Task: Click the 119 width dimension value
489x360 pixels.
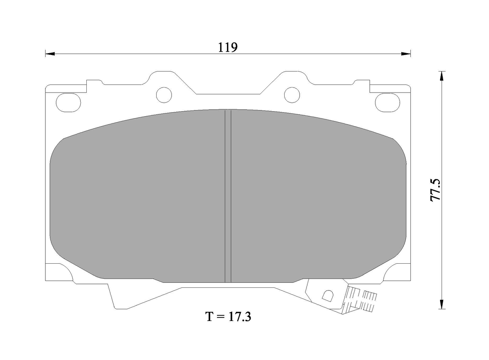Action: [x=228, y=47]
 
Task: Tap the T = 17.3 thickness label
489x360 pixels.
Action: [x=228, y=317]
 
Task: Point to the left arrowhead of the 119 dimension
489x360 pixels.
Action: [x=50, y=54]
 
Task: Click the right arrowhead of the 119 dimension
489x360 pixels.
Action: [x=406, y=54]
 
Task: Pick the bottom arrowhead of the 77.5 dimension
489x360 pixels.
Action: [x=442, y=304]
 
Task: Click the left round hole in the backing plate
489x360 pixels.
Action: [x=164, y=95]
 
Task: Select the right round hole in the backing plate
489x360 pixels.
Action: [x=292, y=95]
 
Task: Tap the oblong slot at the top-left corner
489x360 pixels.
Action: [x=68, y=103]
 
